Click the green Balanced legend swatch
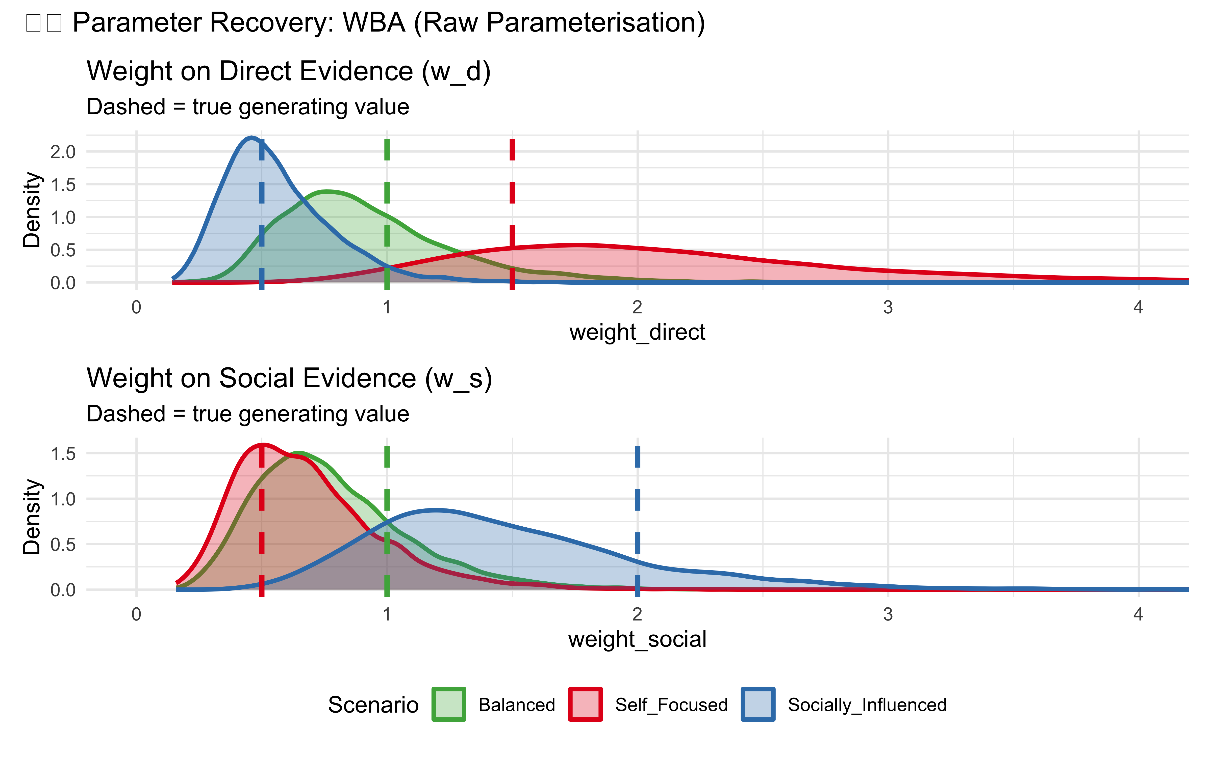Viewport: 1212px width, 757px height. [x=449, y=705]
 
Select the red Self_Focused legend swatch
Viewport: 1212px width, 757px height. [x=585, y=705]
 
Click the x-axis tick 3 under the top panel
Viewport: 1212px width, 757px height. [x=888, y=307]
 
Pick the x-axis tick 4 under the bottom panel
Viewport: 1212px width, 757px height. [x=1138, y=614]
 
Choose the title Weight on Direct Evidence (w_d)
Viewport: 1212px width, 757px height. [x=288, y=71]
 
